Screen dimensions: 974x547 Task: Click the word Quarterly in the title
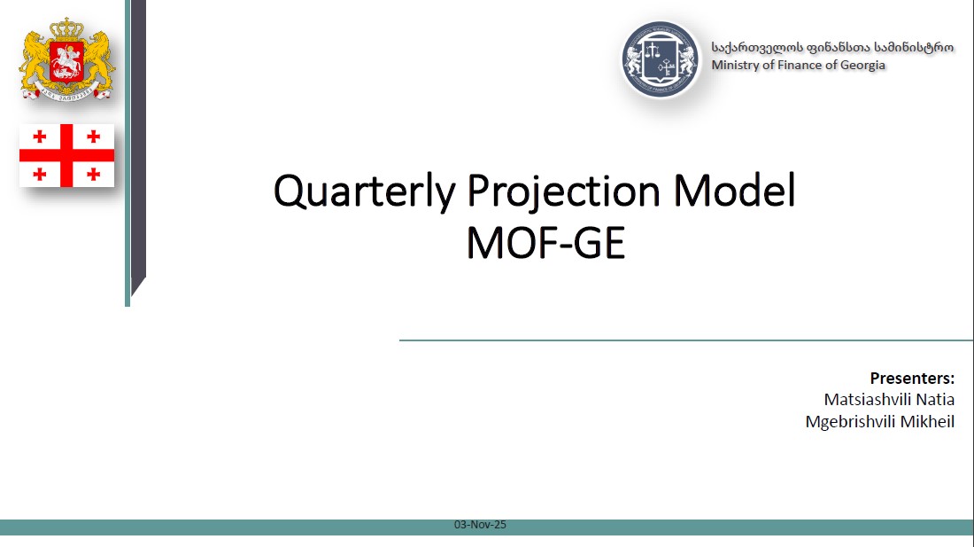[365, 191]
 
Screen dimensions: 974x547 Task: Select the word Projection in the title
[563, 191]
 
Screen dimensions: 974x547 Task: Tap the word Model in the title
[734, 190]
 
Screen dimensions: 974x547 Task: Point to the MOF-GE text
[545, 242]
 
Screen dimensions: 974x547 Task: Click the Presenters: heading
[912, 378]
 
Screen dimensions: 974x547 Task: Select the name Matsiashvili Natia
[889, 399]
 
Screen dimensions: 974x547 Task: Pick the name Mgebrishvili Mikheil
[879, 421]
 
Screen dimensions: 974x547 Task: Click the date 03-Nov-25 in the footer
[480, 525]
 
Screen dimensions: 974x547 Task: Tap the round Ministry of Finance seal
[661, 59]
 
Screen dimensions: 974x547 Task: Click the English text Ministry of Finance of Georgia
[798, 65]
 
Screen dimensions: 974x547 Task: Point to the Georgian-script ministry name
[832, 47]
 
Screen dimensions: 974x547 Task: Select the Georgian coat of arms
[66, 59]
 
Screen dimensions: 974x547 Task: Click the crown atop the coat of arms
[66, 28]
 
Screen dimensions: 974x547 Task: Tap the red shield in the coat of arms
[66, 61]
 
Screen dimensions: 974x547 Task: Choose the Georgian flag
[66, 155]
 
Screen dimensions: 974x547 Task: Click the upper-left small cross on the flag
[40, 137]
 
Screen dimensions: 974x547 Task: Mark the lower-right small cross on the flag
[93, 174]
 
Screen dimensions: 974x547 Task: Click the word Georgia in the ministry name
[862, 66]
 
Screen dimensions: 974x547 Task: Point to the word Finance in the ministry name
[792, 65]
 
